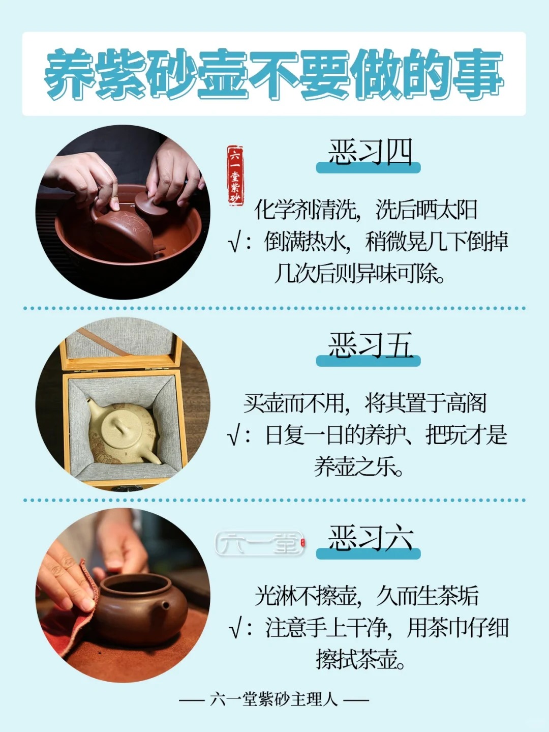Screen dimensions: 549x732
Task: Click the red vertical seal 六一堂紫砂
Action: [235, 175]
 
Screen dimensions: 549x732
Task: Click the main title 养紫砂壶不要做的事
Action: [274, 74]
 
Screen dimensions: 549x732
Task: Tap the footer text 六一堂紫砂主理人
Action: [274, 699]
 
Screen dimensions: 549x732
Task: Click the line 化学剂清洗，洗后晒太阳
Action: [366, 210]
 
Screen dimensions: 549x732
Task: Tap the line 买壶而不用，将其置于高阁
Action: [365, 403]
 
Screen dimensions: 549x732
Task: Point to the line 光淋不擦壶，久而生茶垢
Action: [367, 596]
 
